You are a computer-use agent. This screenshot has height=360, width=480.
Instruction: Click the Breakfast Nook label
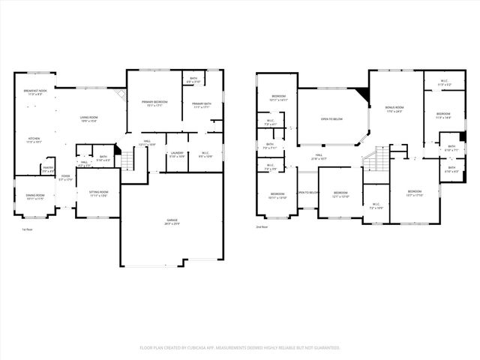(x=34, y=93)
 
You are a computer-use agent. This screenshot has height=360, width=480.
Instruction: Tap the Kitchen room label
(x=34, y=140)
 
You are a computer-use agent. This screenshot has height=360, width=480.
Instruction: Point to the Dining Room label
(x=34, y=197)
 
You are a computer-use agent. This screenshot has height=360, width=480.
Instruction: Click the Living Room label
(x=91, y=119)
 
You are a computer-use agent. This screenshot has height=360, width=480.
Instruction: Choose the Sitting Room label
(x=99, y=194)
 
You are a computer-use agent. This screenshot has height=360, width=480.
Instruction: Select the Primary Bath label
(x=202, y=106)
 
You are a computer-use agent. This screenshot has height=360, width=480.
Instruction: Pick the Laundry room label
(x=176, y=155)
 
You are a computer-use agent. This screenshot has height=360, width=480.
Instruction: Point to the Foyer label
(x=65, y=178)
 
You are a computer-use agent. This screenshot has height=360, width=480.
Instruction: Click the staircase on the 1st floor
(x=129, y=158)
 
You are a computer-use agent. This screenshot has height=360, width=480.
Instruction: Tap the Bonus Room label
(x=394, y=110)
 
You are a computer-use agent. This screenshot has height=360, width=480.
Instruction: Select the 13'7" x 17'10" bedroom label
(x=414, y=193)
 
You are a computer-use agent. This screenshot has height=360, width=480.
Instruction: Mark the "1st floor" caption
(x=27, y=229)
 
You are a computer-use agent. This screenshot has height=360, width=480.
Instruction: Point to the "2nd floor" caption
(x=262, y=226)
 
